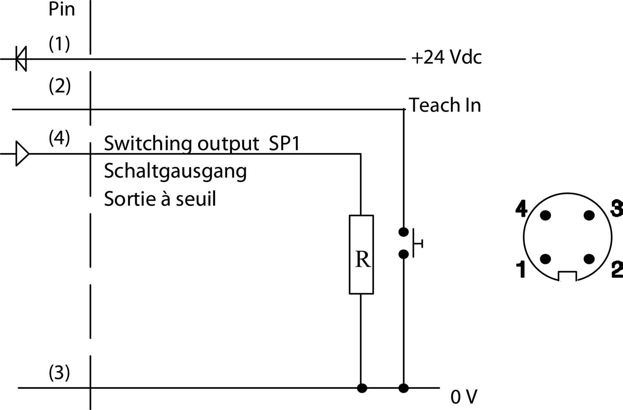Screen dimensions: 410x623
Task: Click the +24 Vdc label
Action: coord(446,57)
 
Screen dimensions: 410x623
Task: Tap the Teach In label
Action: coord(445,105)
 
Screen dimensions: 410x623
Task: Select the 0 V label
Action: coord(464,397)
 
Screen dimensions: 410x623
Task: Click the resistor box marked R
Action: coord(361,254)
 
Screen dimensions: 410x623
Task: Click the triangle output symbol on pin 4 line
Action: coord(22,154)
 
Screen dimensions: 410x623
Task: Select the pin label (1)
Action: coord(59,44)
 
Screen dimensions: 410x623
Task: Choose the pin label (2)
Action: coord(60,86)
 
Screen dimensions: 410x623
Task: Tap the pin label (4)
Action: coord(59,138)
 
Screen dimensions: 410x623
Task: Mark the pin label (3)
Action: coord(59,373)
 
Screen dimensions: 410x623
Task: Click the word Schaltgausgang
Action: coord(175,171)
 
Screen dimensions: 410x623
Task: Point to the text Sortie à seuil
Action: coord(160,199)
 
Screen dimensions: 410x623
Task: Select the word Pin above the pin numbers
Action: coord(62,9)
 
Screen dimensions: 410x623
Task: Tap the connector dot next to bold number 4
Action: coord(545,215)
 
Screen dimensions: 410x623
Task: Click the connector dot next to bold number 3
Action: coord(589,215)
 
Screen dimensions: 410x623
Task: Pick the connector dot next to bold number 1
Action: coord(545,259)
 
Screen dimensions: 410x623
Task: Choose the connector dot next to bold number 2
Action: coord(589,259)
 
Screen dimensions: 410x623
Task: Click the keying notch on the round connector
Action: coord(567,276)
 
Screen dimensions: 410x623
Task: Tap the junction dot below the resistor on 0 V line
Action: coord(362,388)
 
